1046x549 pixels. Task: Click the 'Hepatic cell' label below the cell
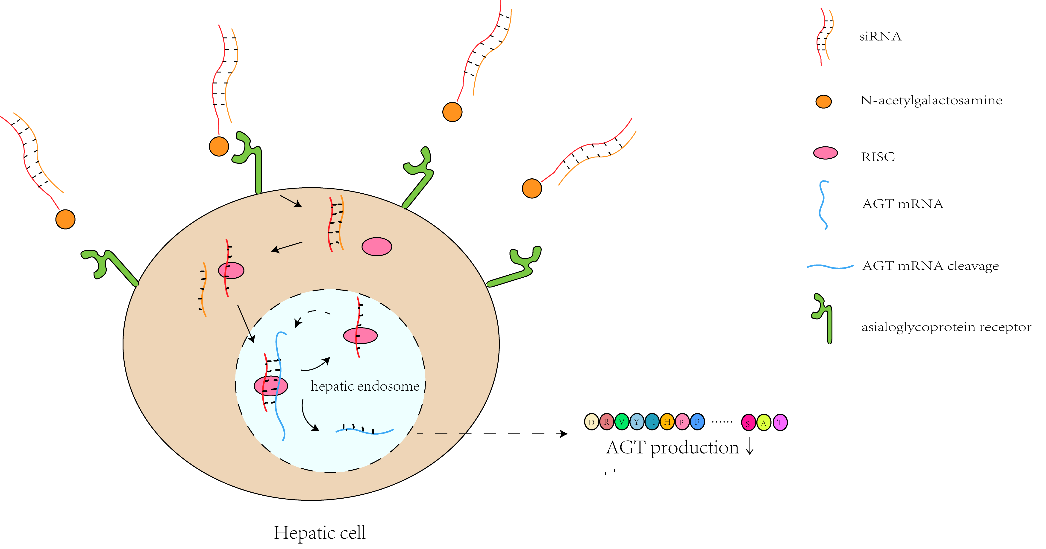coord(320,532)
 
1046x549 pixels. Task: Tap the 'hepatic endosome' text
coord(365,386)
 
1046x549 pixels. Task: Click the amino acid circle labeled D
coord(591,422)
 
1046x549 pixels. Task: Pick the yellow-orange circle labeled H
coord(667,422)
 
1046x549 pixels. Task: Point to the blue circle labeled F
coord(697,422)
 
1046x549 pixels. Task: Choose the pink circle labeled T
coord(780,422)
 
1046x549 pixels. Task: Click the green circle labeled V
coord(621,422)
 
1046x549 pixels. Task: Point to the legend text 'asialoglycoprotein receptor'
coord(946,327)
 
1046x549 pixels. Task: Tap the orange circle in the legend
coord(823,102)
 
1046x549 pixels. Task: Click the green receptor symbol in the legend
coord(824,319)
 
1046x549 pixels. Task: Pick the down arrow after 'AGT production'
coord(749,447)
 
